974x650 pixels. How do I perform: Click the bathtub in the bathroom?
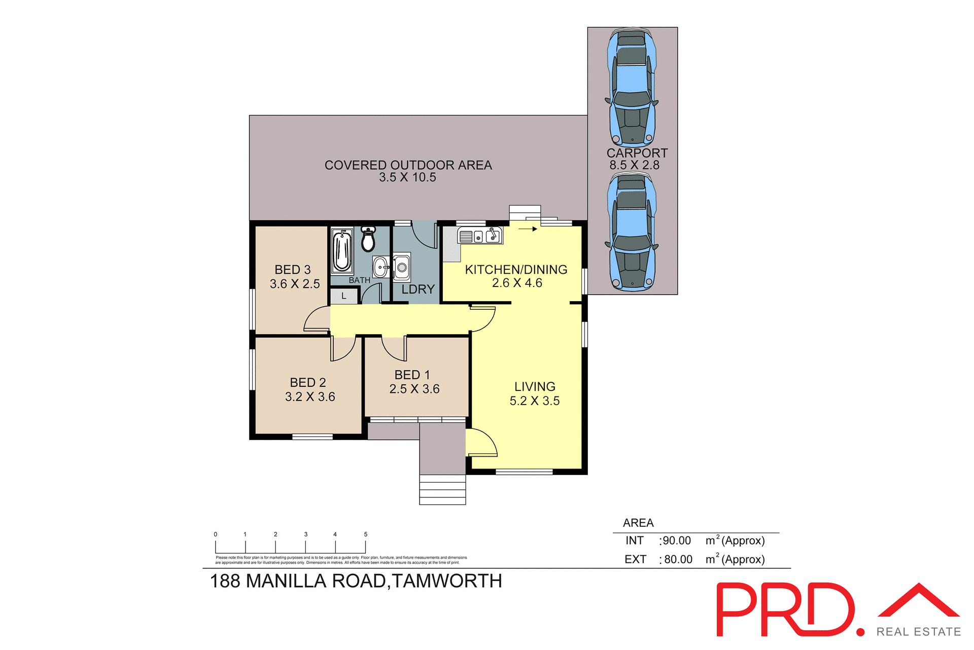tap(342, 251)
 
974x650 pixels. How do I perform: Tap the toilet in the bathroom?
tap(368, 239)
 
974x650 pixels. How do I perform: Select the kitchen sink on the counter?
tap(480, 236)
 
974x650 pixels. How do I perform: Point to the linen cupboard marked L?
tap(344, 296)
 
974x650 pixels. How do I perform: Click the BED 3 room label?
tap(293, 270)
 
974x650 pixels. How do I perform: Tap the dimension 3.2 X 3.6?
tap(310, 397)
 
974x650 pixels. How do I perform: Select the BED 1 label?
tap(412, 375)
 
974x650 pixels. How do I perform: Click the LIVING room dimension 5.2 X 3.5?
tap(535, 401)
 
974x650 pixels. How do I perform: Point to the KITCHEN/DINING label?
tap(516, 270)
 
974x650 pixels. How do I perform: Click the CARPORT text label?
tap(637, 153)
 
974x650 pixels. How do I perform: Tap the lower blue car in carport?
tap(632, 231)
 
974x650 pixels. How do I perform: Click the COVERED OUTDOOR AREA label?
tap(408, 165)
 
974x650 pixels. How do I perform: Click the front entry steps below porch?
tap(442, 489)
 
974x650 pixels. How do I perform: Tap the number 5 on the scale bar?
tap(365, 534)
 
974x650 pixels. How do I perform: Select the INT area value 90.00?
tap(677, 541)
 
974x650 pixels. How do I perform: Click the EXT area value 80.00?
tap(678, 560)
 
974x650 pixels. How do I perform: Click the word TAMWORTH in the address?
tap(447, 581)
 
